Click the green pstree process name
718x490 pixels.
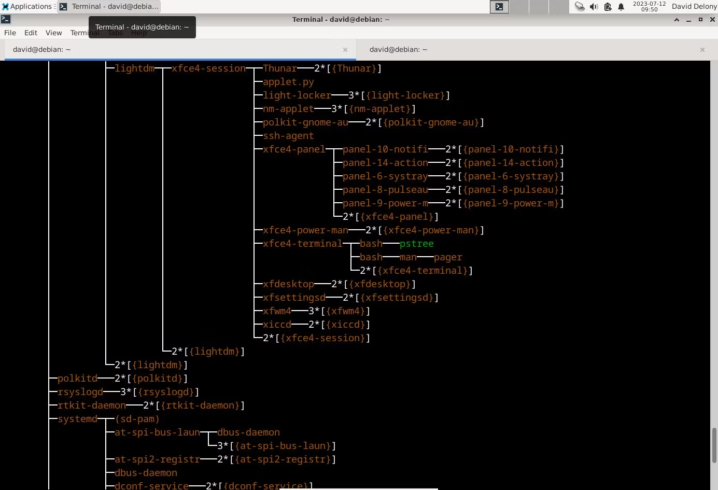pos(416,244)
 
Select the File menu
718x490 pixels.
pos(10,33)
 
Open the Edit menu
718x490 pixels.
pos(31,33)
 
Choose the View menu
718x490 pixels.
pos(53,33)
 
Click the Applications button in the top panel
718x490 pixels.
pos(27,6)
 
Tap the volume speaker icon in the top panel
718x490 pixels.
pos(594,6)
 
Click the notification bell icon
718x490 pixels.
pos(621,6)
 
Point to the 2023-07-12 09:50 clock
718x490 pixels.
pos(650,6)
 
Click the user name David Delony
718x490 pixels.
pos(694,6)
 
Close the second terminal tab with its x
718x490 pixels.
pos(702,50)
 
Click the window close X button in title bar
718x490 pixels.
pos(712,20)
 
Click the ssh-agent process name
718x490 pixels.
pos(288,136)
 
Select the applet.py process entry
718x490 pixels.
pos(288,82)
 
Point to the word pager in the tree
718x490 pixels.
pos(448,257)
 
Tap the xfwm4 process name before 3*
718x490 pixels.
pos(277,311)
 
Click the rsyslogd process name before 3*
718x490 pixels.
pos(80,392)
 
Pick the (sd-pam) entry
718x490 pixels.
pos(137,419)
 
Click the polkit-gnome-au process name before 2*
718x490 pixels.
pos(305,122)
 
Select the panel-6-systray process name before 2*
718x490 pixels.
pos(385,176)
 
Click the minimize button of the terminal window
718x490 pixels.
pos(688,20)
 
